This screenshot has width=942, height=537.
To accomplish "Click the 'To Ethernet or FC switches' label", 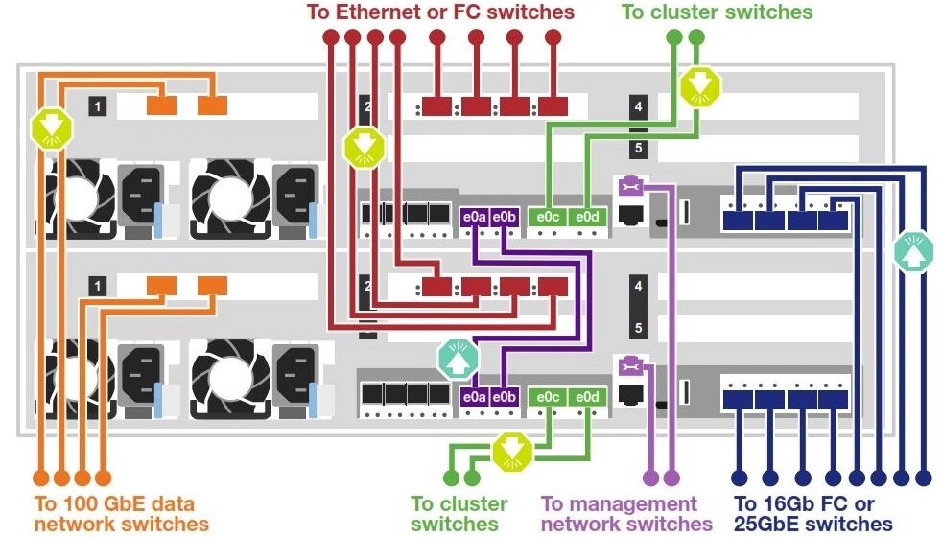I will coord(440,12).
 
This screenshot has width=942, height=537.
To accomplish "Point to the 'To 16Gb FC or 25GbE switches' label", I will coord(812,513).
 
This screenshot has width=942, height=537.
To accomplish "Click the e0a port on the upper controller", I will coord(475,218).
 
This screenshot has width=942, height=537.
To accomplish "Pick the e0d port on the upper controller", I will coord(587,218).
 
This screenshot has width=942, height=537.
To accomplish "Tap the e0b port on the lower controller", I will coord(504,395).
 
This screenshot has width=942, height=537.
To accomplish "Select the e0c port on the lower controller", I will coord(549,395).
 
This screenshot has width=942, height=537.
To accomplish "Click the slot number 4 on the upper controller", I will coord(639,105).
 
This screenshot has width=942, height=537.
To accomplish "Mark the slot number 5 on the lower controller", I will coord(639,328).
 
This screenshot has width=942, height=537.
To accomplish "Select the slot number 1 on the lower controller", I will coord(97,285).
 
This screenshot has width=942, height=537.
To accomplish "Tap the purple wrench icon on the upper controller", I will coord(629,184).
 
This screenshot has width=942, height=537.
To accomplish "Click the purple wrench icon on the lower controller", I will coord(629,364).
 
